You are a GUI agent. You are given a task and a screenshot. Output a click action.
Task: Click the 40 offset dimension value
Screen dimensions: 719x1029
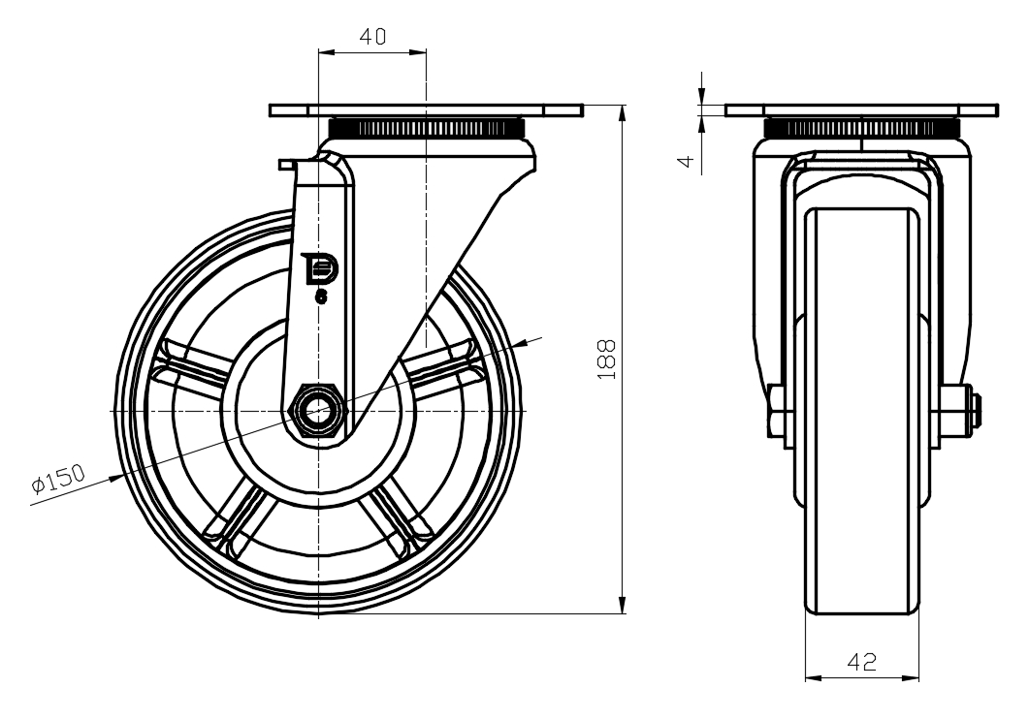coord(372,38)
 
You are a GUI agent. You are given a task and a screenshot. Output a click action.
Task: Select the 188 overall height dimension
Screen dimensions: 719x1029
coord(607,359)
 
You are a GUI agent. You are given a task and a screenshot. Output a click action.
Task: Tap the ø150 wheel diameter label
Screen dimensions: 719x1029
coord(58,478)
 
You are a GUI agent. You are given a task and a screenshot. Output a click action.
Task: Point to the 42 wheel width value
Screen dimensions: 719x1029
coord(862,662)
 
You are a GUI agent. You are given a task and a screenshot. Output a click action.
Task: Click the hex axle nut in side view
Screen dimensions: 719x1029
coord(317,411)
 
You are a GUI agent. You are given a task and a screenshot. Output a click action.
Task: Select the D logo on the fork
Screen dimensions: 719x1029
coord(318,270)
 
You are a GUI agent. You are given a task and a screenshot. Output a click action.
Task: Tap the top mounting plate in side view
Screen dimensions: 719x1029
coord(427,110)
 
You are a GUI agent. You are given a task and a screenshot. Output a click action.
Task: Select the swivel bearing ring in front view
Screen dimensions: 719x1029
coord(861,128)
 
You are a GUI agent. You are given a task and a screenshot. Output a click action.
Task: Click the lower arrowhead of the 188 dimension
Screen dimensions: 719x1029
coord(623,605)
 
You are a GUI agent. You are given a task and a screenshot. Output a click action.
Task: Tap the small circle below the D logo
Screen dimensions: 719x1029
coord(321,298)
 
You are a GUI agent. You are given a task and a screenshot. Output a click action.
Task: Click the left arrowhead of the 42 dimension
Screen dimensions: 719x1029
coord(812,675)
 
